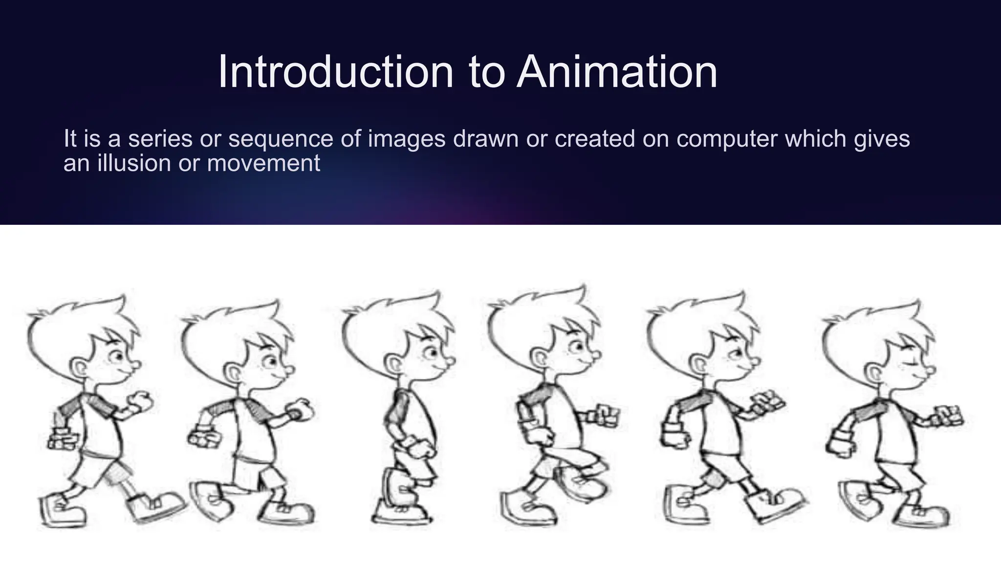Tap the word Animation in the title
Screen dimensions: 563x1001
click(x=617, y=72)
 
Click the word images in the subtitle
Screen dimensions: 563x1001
click(x=406, y=139)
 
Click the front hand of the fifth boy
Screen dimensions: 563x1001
click(x=768, y=402)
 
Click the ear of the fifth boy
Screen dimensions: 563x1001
click(x=699, y=364)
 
